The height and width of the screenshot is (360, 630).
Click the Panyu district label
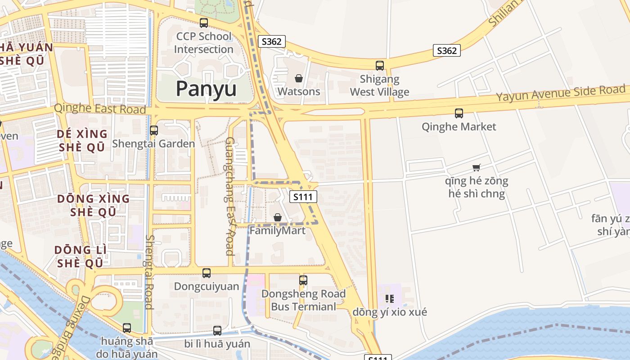tap(206, 89)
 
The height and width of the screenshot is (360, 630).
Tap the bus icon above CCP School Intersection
tap(204, 22)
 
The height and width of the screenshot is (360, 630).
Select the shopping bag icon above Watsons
tap(298, 79)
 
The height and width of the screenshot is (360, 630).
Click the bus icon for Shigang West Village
tap(380, 66)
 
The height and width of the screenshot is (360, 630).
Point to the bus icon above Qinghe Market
tap(459, 113)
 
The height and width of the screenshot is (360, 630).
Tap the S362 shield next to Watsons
tap(271, 42)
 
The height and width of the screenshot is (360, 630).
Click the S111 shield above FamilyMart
tap(303, 197)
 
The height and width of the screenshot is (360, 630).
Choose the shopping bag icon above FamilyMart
tap(278, 218)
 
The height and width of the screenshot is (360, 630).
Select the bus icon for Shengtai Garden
tap(154, 130)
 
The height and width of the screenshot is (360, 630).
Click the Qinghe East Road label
tap(100, 109)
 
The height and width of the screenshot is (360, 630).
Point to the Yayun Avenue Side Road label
tap(561, 94)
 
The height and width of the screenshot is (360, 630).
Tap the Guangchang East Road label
tap(229, 196)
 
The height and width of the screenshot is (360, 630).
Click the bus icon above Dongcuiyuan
tap(207, 273)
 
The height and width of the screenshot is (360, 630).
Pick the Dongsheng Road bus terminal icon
tap(303, 280)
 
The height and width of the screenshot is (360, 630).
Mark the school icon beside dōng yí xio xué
tap(390, 298)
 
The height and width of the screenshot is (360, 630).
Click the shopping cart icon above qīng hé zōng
tap(477, 168)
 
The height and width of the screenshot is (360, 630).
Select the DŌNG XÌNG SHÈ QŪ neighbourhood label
tap(94, 205)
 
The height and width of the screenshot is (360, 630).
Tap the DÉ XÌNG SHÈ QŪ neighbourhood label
tap(82, 140)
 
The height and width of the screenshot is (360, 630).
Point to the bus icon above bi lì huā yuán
tap(217, 331)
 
